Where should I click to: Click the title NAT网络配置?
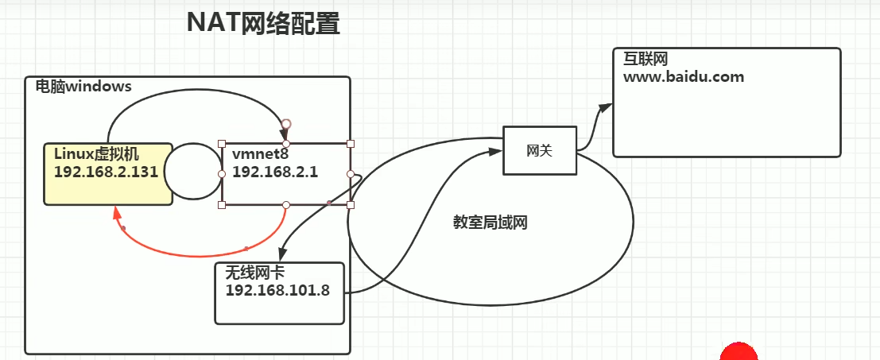coord(263,24)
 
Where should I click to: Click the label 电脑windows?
coord(83,86)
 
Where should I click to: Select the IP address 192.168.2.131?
coord(107,171)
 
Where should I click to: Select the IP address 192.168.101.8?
coord(277,289)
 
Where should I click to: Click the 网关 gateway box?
coord(539,150)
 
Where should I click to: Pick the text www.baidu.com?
coord(684,77)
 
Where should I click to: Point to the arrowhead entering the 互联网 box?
coord(606,106)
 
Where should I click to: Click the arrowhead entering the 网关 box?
coord(496,149)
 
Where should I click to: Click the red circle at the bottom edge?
coord(739,354)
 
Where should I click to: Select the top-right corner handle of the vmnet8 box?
coord(351,144)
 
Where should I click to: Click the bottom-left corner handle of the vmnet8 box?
coord(222,205)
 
